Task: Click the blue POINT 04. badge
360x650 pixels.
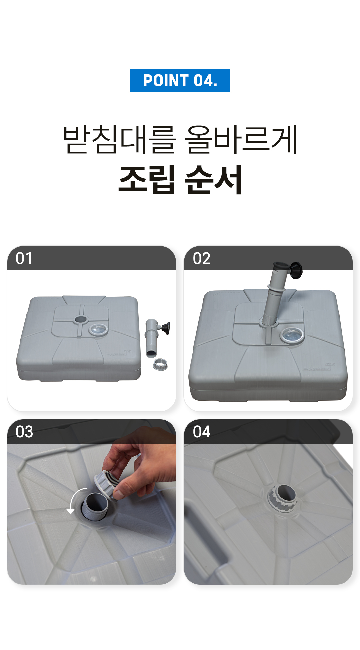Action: click(x=180, y=80)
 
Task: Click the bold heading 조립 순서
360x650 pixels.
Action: click(x=180, y=180)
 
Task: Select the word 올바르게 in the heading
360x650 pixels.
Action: click(x=241, y=140)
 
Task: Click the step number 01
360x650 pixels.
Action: click(x=24, y=259)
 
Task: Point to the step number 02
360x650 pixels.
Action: click(x=201, y=259)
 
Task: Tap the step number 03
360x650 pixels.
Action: click(x=24, y=432)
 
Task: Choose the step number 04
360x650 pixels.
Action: click(x=201, y=432)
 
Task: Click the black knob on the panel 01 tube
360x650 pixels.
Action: click(x=166, y=328)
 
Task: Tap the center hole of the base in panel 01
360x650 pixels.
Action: click(x=80, y=319)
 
